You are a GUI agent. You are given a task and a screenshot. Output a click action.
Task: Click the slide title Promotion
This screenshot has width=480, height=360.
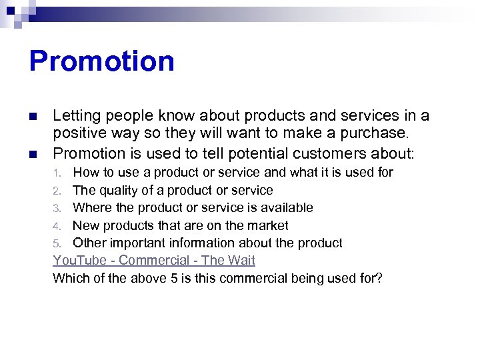pyautogui.click(x=101, y=61)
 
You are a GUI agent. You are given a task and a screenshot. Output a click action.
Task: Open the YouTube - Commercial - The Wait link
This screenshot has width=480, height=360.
pyautogui.click(x=154, y=260)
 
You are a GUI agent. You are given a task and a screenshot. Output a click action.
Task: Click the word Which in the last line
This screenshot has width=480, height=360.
pyautogui.click(x=70, y=278)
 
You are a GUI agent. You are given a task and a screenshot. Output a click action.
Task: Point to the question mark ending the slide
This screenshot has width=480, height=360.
pyautogui.click(x=379, y=278)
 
